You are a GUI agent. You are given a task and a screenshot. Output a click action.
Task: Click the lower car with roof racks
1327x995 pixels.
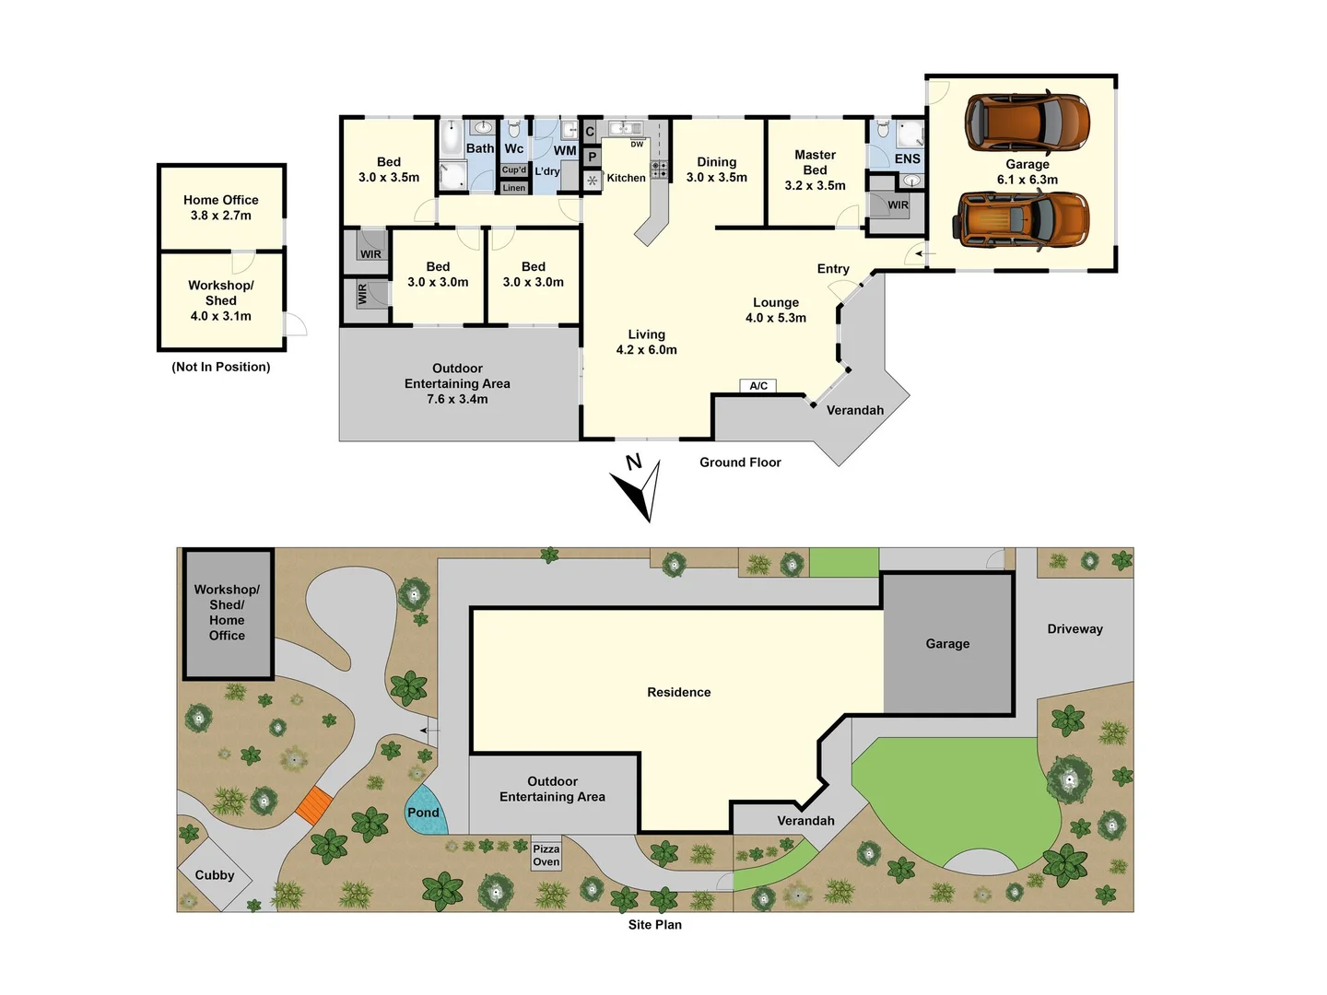click(x=1024, y=220)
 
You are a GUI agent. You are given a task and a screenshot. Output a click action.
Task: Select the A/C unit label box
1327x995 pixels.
click(x=758, y=386)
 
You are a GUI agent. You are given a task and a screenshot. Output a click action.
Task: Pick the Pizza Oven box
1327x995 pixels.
click(x=546, y=856)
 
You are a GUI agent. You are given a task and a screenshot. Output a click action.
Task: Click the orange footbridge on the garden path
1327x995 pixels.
click(x=313, y=805)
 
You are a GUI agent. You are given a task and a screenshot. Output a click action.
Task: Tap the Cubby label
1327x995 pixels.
click(x=215, y=875)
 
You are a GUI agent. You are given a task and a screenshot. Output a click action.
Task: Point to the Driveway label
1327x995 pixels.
click(x=1075, y=629)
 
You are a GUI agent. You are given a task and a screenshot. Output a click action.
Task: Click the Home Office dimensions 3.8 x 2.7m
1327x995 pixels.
click(x=221, y=216)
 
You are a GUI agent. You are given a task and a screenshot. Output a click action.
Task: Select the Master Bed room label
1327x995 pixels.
click(x=815, y=162)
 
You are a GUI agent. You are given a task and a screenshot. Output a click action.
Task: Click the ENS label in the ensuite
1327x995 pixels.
click(x=907, y=158)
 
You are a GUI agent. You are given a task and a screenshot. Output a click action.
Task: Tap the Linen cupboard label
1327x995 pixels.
click(x=514, y=188)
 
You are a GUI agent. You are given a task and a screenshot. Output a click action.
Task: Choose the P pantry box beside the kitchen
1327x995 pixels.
click(x=592, y=157)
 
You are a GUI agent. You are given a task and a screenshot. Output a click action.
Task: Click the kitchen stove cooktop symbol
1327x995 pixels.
click(x=660, y=170)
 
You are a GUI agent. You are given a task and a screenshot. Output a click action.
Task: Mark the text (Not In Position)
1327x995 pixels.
click(x=221, y=367)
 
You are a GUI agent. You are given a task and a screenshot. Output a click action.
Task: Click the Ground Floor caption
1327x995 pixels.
click(x=740, y=462)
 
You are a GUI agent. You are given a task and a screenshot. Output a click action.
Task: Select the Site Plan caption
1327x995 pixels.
click(x=655, y=925)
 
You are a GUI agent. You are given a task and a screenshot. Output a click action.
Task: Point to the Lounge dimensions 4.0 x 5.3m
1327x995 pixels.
click(x=776, y=318)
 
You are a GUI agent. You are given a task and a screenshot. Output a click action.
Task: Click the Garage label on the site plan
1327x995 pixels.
click(x=947, y=644)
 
